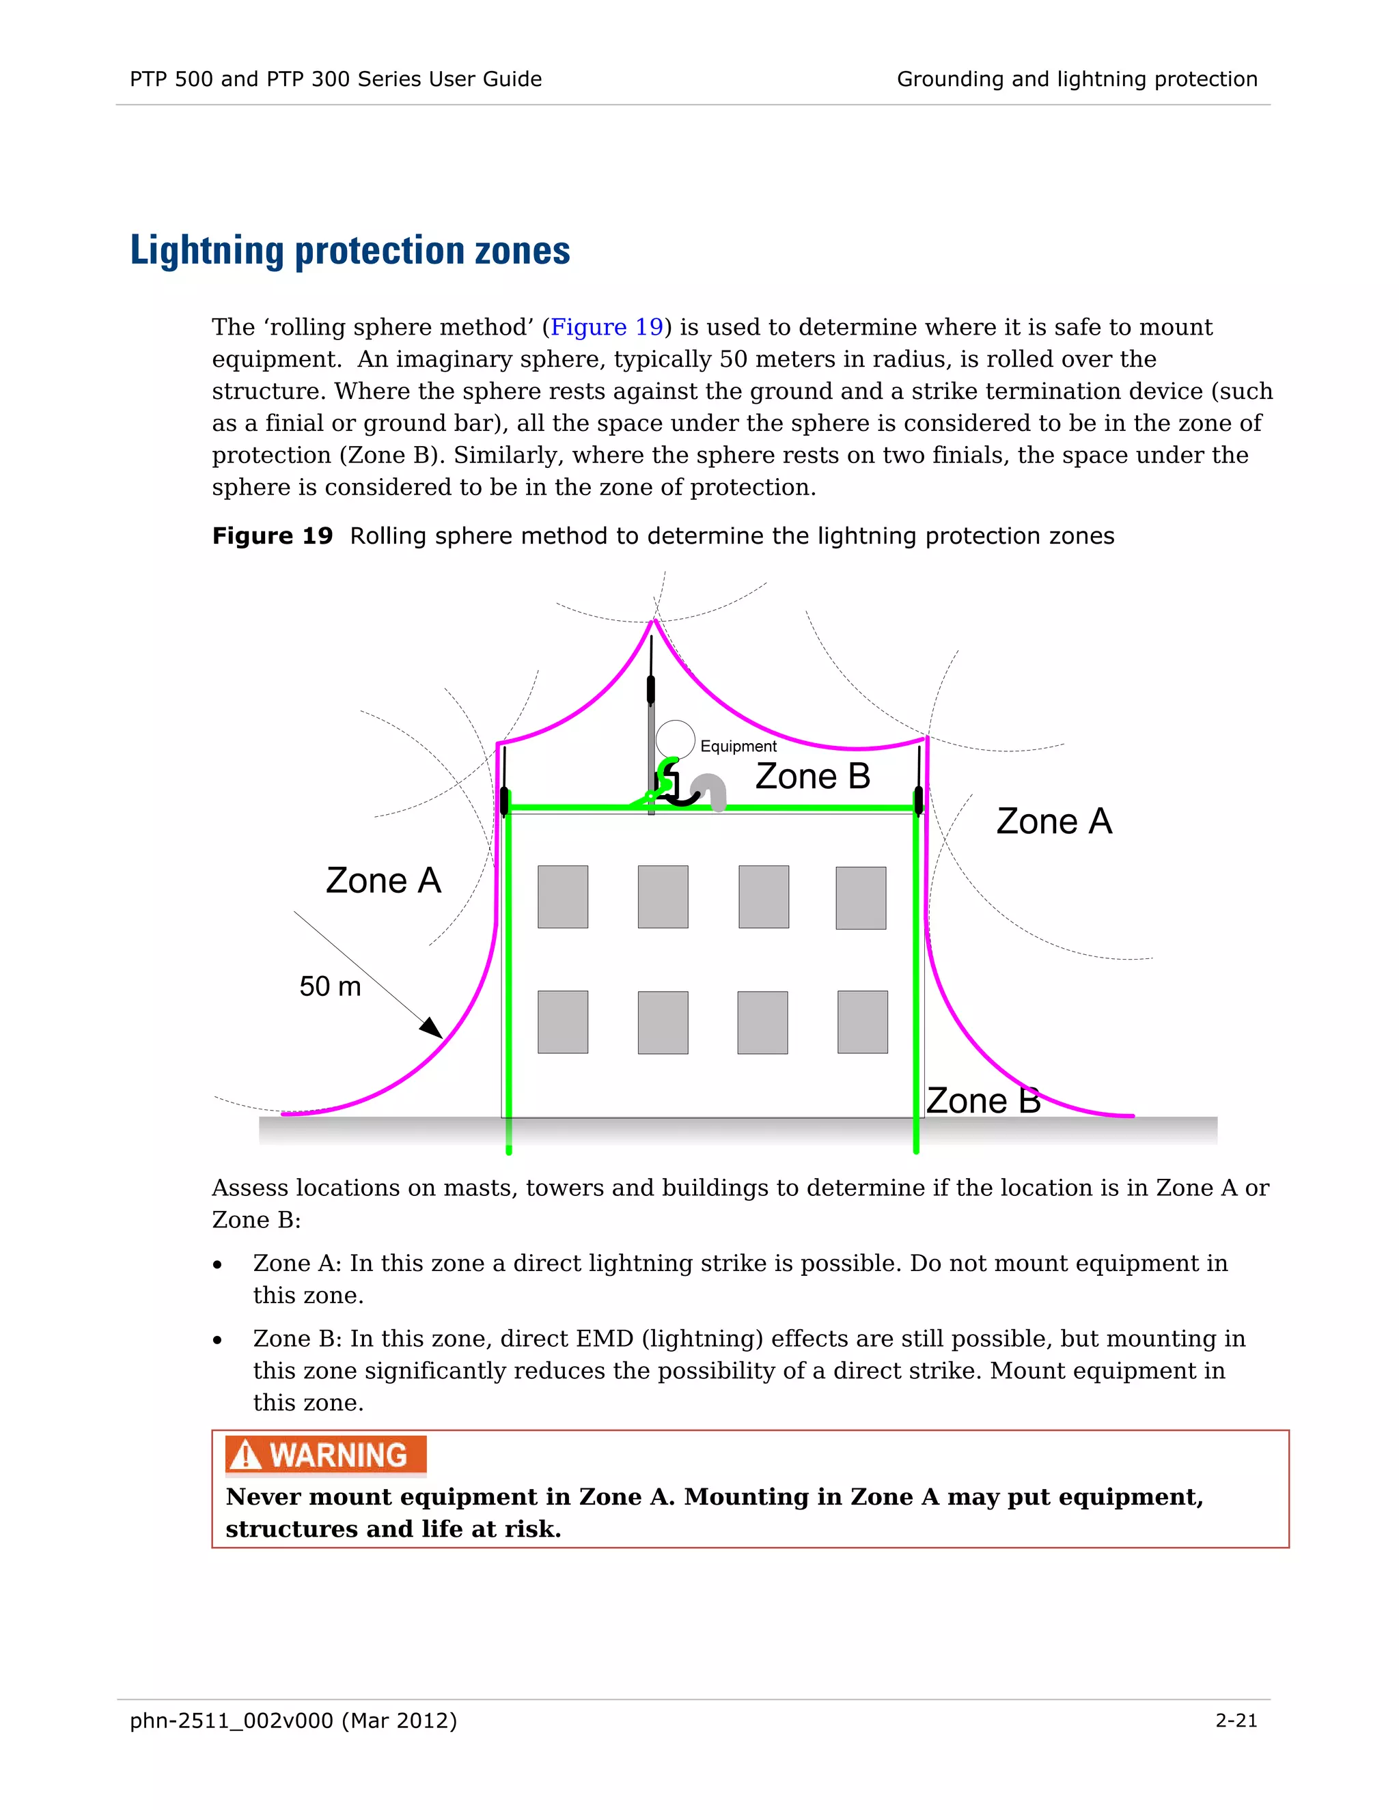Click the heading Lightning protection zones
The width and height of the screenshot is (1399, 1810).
[350, 250]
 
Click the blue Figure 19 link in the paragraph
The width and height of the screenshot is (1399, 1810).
[607, 327]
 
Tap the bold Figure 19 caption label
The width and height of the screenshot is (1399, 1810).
[272, 536]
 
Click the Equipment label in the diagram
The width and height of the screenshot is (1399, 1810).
[738, 746]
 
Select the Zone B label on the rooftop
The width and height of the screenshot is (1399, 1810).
[812, 777]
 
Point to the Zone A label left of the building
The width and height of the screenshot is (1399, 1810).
[383, 880]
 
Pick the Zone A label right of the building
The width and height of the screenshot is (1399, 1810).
[1053, 821]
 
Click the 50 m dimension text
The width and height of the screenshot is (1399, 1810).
[330, 986]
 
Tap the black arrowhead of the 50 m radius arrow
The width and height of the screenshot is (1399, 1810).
[432, 1029]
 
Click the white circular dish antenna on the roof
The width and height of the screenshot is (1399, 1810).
[675, 739]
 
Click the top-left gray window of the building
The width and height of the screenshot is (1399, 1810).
[563, 897]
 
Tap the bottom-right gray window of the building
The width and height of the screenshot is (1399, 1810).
[862, 1022]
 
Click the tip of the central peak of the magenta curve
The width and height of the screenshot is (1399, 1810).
[654, 621]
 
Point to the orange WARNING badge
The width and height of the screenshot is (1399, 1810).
[326, 1456]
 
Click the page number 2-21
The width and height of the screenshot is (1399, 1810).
[1236, 1721]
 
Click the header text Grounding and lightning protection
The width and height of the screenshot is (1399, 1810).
[1077, 79]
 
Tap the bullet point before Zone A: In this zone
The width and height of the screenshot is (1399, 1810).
[217, 1266]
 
